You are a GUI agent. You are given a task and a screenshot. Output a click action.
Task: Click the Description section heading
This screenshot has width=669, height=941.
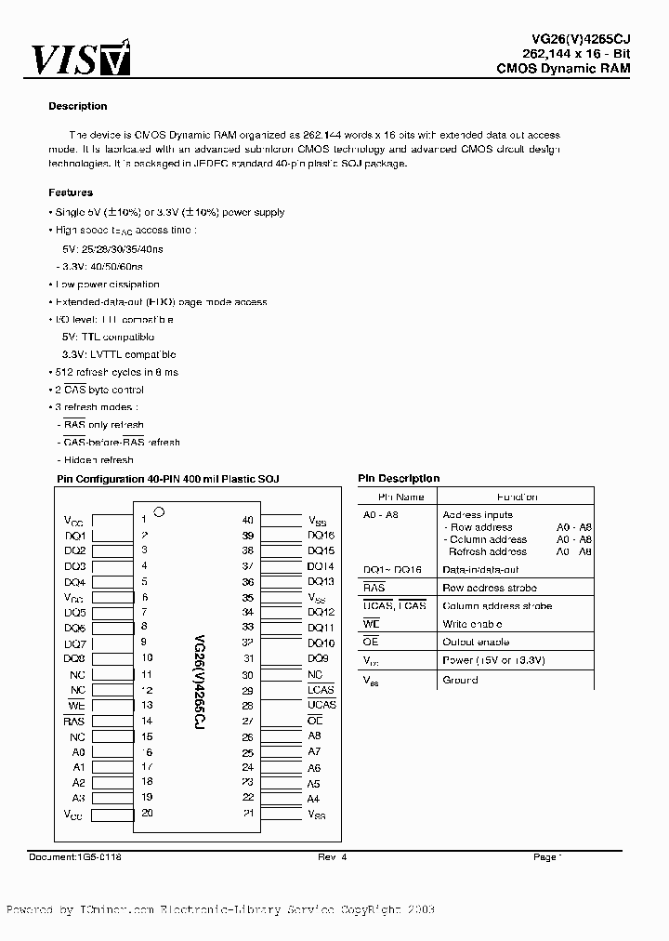point(78,106)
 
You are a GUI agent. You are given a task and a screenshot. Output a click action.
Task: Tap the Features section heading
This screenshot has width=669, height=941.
point(71,192)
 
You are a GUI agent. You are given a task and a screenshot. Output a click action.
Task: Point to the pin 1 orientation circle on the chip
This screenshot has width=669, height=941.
point(159,511)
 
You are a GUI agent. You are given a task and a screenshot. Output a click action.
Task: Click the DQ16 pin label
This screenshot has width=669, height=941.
point(321,536)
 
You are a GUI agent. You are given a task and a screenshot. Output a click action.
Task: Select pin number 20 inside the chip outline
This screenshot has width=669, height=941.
point(147,812)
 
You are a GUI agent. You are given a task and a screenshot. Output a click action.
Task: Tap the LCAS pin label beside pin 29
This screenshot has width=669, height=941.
point(321,690)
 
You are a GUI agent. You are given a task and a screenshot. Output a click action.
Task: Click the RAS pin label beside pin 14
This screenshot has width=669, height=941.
point(74,721)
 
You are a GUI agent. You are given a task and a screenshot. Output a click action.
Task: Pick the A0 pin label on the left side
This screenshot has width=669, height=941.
point(78,751)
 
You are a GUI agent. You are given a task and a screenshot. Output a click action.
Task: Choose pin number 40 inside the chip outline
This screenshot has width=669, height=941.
point(247,521)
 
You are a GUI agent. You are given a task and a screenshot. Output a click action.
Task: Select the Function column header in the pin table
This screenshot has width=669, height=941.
point(517,497)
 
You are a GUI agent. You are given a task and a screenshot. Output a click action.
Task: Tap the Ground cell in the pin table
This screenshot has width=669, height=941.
point(461,680)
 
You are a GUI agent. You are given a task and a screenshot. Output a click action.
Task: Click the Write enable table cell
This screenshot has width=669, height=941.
point(473,624)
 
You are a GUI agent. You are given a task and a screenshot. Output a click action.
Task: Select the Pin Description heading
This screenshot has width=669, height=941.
point(399,478)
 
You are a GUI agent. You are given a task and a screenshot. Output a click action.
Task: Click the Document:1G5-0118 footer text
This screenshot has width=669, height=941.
point(75,856)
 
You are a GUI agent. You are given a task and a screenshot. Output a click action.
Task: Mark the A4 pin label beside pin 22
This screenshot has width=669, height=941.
point(314,798)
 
